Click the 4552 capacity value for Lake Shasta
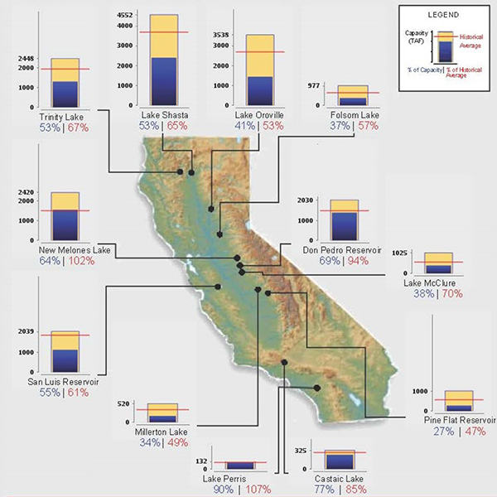click(x=124, y=16)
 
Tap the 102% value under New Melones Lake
click(x=80, y=261)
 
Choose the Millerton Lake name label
click(x=159, y=432)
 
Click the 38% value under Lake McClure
click(x=413, y=293)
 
